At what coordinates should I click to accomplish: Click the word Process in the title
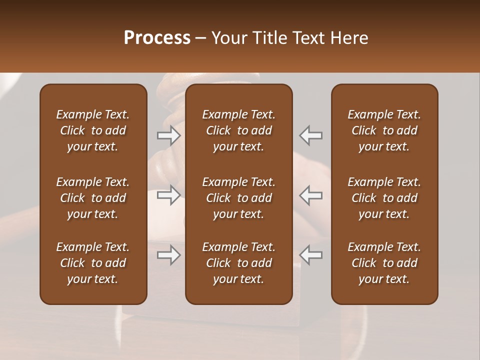[157, 38]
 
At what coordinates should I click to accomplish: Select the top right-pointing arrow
[168, 135]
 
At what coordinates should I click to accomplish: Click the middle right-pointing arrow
[168, 195]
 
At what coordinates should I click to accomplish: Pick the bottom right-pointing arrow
[168, 255]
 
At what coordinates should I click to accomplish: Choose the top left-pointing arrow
[311, 135]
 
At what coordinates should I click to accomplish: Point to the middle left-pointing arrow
[311, 195]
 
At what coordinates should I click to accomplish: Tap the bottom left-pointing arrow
[311, 255]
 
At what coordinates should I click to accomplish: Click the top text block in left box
[93, 130]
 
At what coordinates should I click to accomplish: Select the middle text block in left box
[93, 198]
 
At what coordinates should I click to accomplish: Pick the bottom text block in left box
[93, 263]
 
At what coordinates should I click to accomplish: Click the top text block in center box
[238, 130]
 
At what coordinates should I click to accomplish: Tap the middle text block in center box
[238, 198]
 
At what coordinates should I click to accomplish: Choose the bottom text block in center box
[238, 263]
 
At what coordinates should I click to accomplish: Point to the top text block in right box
[384, 130]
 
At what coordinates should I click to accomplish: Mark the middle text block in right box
[384, 198]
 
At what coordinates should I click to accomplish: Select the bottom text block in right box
[384, 263]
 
